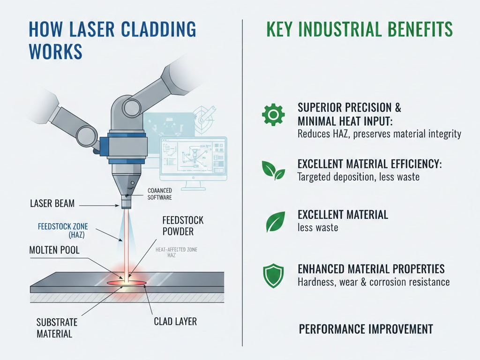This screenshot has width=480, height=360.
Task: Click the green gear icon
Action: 273,114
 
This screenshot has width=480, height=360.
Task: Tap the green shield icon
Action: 273,276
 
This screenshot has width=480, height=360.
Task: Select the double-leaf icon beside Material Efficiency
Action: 273,171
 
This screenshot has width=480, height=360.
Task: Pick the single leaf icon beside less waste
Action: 276,222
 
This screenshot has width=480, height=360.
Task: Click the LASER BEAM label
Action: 52,203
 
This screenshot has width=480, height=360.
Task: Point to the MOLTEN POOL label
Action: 54,250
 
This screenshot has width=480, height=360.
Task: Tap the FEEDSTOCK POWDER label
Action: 183,226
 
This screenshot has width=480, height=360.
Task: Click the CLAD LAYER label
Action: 175,322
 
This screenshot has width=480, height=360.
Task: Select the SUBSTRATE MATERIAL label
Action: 57,328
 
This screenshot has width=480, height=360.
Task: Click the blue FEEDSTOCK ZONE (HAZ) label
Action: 63,231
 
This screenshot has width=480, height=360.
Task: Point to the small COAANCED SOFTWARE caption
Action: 159,194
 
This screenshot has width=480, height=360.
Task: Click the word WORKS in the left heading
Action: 55,51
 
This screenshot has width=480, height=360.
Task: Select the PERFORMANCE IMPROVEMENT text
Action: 366,329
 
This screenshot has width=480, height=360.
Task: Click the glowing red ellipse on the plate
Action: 126,283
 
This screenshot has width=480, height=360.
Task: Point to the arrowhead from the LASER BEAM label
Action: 117,206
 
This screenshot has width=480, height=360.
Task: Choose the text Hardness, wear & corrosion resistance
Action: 374,282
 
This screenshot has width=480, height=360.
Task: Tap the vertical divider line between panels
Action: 242,183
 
